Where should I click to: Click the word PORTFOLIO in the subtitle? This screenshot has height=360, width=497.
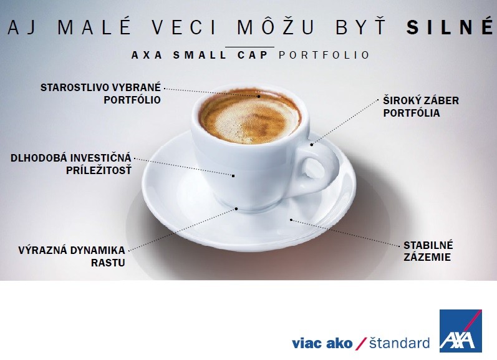(x=324, y=55)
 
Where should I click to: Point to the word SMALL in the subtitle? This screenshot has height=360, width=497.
(x=200, y=55)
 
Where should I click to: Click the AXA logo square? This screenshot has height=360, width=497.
(x=461, y=331)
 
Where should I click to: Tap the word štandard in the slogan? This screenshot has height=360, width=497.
(x=399, y=343)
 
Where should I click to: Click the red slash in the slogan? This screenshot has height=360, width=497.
(x=360, y=344)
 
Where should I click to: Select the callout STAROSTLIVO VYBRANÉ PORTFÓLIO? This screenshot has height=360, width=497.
(x=100, y=94)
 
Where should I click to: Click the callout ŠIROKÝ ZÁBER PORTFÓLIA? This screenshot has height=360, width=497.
(x=421, y=107)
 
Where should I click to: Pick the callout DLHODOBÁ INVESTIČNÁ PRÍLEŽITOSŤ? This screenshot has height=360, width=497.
(x=70, y=164)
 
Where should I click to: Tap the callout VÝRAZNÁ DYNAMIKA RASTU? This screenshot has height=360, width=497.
(x=72, y=256)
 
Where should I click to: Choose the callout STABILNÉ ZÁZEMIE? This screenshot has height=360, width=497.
(x=428, y=251)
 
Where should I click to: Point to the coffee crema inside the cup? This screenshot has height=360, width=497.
(x=249, y=117)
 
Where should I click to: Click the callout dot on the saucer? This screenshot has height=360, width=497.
(x=291, y=220)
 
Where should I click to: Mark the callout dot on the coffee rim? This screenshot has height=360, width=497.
(x=259, y=96)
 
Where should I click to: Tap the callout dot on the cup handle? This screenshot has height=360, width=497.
(x=312, y=145)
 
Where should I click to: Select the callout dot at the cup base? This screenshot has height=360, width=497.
(x=236, y=209)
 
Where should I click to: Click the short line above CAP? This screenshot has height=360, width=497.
(x=249, y=47)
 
